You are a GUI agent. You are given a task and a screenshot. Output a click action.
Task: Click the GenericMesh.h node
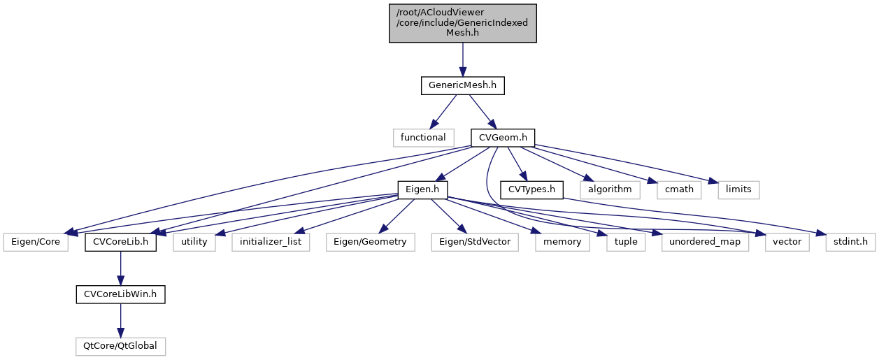coord(462,86)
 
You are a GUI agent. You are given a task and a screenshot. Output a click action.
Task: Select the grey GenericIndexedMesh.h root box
coord(462,23)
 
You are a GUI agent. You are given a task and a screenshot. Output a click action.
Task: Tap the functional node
coord(423,137)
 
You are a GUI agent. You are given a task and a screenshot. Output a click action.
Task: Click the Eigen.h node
coord(422,189)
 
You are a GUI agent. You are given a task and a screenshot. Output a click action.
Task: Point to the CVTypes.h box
coord(532,189)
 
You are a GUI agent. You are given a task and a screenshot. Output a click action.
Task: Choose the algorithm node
coord(609,189)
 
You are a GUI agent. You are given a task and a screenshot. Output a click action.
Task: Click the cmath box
coord(675,189)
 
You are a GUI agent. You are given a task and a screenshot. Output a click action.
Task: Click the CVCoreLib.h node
coord(120,243)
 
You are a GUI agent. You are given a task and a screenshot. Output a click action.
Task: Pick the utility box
coord(194,243)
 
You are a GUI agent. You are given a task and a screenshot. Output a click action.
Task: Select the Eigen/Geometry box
coord(370,243)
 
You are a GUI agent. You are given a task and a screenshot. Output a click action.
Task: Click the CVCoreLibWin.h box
coord(120,294)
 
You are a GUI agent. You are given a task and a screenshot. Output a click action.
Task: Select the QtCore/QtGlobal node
coord(120,346)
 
